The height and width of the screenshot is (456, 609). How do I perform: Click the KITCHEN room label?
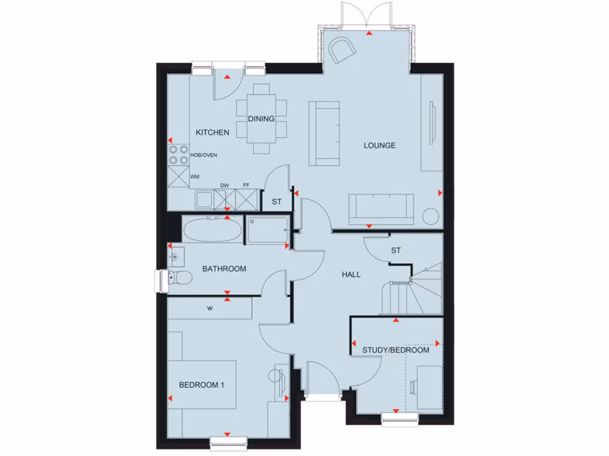tap(212, 132)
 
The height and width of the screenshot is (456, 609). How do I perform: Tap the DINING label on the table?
tap(262, 119)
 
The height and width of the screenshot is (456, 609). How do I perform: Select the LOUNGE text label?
tap(379, 145)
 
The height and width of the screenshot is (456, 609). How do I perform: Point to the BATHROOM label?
tap(224, 269)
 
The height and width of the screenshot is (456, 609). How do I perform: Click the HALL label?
tap(351, 274)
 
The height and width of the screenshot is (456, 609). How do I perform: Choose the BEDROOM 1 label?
tap(202, 385)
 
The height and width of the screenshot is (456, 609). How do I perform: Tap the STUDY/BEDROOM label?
tap(395, 350)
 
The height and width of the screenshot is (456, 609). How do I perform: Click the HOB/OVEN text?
tap(203, 155)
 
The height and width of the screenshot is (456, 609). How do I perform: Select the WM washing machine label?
tap(194, 177)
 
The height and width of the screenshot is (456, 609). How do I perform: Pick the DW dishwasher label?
tap(225, 185)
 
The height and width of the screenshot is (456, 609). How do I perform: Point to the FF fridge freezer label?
tap(246, 185)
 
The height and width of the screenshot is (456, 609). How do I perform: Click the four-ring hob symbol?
tap(177, 155)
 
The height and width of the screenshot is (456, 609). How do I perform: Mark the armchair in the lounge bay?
tap(343, 50)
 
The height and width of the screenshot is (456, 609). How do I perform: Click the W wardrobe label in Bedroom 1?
tap(210, 308)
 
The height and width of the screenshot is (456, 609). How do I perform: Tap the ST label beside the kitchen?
tap(277, 202)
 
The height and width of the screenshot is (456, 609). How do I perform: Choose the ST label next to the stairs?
tap(396, 251)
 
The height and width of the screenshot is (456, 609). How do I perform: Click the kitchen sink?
tap(205, 199)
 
